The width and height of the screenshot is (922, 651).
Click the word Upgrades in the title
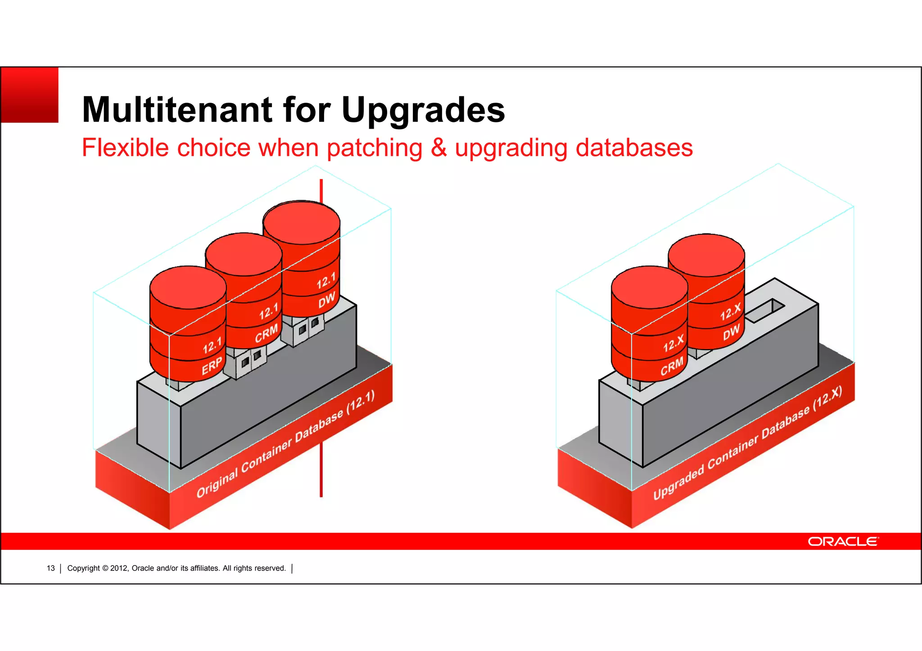[423, 110]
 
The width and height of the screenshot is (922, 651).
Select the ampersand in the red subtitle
[438, 148]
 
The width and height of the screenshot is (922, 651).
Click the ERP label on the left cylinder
[212, 365]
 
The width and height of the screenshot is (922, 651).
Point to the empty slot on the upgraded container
[765, 311]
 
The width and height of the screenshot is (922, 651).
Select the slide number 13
[51, 568]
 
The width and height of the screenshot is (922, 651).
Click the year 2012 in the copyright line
[119, 568]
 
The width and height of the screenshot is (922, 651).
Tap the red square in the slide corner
[30, 95]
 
